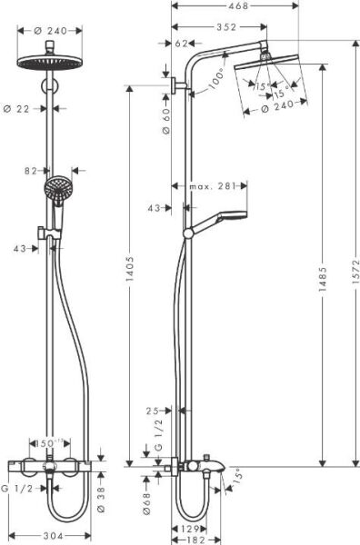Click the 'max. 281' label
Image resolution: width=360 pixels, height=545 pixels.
pyautogui.click(x=215, y=187)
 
